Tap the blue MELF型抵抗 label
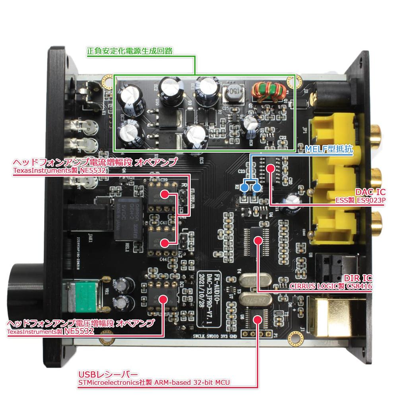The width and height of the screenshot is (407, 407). (x=329, y=150)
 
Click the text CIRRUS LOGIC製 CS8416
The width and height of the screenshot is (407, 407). (x=330, y=286)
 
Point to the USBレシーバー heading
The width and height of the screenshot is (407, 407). (x=108, y=374)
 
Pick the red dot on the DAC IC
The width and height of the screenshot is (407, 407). (x=271, y=169)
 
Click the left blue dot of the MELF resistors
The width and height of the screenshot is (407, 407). (x=247, y=187)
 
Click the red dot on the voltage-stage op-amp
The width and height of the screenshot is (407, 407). (x=162, y=298)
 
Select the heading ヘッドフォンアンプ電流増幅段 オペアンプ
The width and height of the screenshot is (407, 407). (x=95, y=163)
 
